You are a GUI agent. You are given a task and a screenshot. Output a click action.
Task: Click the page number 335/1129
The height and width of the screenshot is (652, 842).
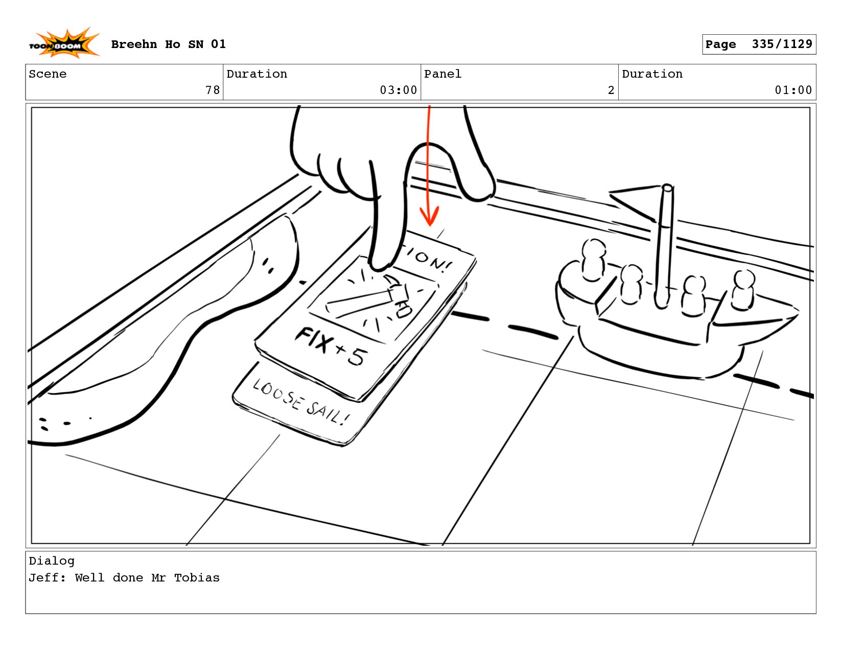[x=782, y=44]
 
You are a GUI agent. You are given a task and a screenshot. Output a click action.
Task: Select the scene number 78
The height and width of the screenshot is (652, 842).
[x=213, y=90]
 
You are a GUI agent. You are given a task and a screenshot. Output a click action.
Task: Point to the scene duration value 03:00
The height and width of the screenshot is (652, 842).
[x=398, y=90]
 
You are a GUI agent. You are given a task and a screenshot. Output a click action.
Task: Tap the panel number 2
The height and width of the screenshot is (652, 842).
[x=611, y=90]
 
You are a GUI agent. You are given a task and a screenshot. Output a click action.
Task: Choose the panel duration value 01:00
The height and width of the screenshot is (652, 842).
[x=793, y=90]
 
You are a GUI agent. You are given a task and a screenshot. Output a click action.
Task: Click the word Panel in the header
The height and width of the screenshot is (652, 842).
[x=442, y=74]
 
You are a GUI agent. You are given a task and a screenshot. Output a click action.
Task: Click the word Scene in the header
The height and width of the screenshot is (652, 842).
[x=48, y=74]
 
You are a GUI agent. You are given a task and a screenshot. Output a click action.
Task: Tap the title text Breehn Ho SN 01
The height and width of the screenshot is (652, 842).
[x=168, y=44]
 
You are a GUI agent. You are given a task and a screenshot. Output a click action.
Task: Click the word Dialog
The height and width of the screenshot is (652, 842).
[x=52, y=561]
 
